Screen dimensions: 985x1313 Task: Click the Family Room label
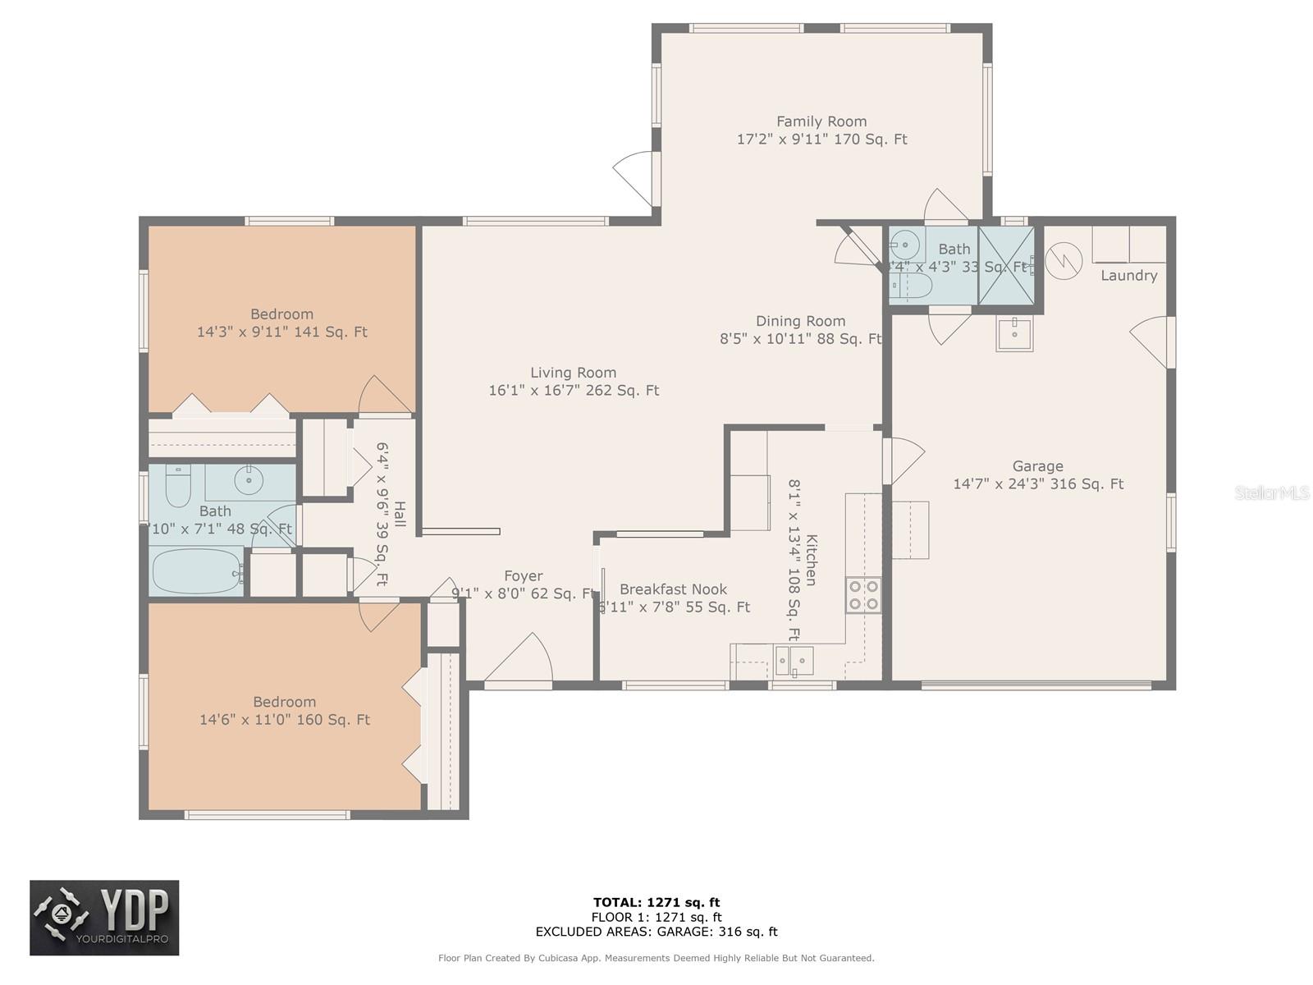(821, 121)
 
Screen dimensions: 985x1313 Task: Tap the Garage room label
(1037, 466)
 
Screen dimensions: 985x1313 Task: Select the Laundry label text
(1128, 276)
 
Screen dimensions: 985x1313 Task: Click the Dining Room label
(800, 321)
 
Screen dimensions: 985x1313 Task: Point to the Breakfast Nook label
(673, 589)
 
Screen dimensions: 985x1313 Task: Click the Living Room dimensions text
(574, 391)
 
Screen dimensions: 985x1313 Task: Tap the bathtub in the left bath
(197, 570)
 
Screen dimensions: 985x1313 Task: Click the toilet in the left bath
(178, 487)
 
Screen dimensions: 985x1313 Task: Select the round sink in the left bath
(248, 479)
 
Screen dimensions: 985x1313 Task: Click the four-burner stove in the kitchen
(863, 595)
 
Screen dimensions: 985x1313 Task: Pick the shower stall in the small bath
(1005, 265)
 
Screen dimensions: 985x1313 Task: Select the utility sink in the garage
(1014, 333)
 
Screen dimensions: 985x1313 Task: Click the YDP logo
(104, 918)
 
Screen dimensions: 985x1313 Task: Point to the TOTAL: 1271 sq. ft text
(656, 903)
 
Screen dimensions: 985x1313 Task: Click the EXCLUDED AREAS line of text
(656, 932)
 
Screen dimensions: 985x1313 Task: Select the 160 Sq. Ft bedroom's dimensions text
(285, 720)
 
